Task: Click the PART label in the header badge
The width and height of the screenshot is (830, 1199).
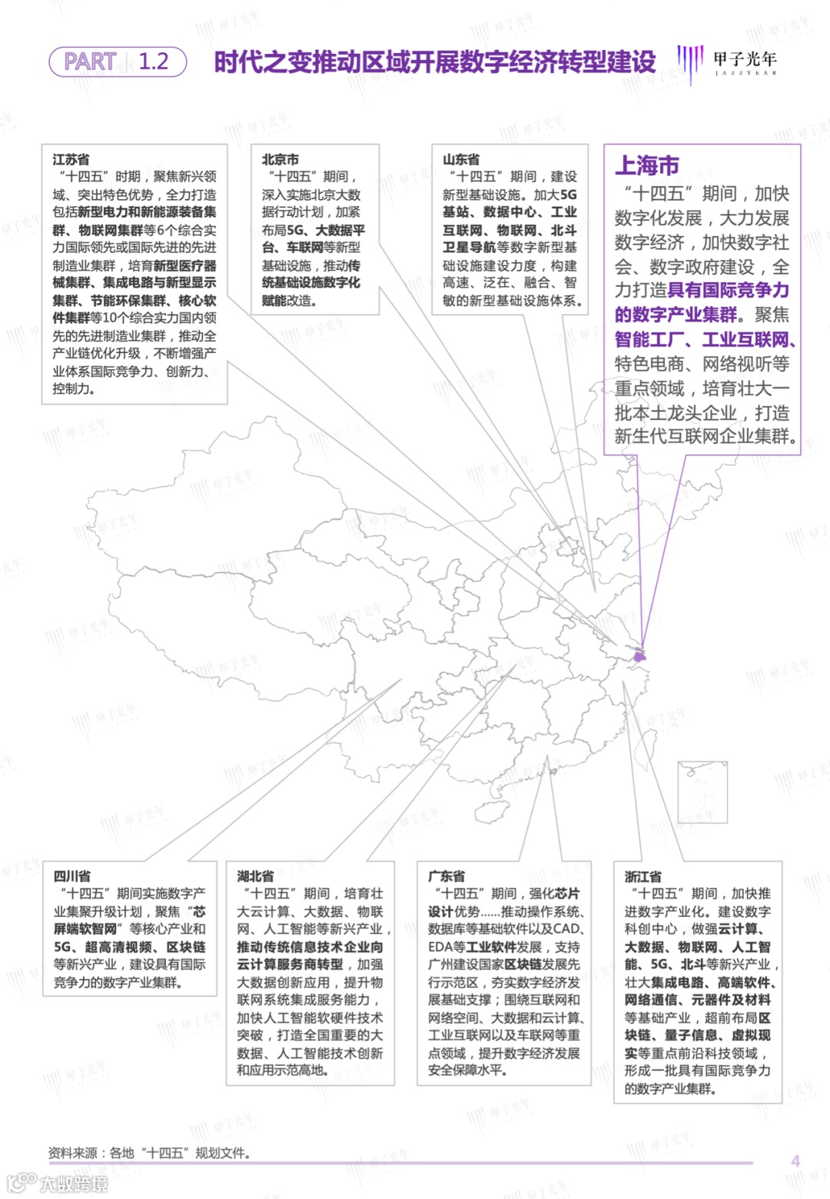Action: coord(90,62)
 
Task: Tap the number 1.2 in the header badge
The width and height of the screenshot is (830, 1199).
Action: coord(154,62)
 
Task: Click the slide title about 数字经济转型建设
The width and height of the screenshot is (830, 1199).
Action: coord(434,62)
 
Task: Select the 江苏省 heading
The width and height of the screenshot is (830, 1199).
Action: coord(71,159)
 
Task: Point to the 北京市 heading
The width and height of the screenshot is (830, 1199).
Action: coord(280,159)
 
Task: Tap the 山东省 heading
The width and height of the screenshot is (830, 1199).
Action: coord(461,159)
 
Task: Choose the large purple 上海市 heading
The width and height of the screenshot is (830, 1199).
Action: coord(647,165)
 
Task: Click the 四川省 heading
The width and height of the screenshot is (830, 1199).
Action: coord(71,876)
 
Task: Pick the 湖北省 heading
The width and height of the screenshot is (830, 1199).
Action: coord(255,876)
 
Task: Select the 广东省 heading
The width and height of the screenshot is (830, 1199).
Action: coord(447,876)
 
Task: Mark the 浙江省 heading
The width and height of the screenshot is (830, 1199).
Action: coord(642,876)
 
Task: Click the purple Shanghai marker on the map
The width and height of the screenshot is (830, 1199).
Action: coord(639,657)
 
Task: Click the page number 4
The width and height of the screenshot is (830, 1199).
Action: coord(795,1161)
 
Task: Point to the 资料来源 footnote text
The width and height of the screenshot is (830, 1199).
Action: coord(149,1153)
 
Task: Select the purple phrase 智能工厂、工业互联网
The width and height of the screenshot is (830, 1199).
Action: coord(705,339)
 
